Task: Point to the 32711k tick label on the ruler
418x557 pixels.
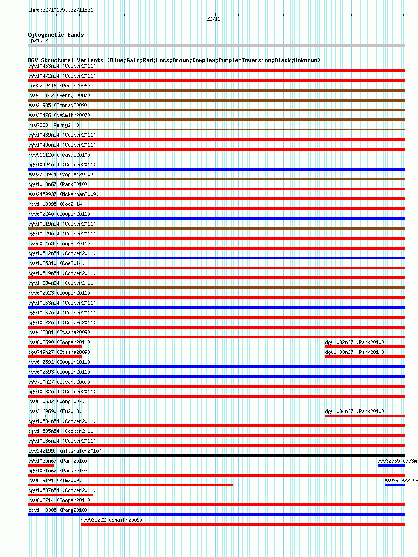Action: click(215, 19)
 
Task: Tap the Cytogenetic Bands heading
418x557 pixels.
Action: click(56, 35)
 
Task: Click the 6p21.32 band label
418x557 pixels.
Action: click(38, 41)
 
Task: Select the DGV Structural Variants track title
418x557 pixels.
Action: click(174, 60)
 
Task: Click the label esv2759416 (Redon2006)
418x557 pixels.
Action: click(59, 86)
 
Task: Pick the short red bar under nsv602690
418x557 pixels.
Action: click(54, 347)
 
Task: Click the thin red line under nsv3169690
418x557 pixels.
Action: click(37, 416)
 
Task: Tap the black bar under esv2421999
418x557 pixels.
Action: click(216, 455)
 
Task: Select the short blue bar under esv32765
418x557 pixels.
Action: click(391, 465)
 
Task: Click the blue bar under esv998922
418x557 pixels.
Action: click(395, 485)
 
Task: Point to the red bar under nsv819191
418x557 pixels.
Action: click(131, 485)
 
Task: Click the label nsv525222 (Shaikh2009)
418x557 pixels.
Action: click(111, 520)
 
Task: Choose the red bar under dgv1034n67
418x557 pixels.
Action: click(365, 416)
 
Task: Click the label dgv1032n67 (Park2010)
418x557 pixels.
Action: click(355, 342)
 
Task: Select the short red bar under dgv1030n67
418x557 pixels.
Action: click(41, 465)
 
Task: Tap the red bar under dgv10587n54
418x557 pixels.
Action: click(61, 495)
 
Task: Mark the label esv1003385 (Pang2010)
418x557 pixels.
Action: click(58, 510)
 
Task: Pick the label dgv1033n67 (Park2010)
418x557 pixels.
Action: click(355, 352)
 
